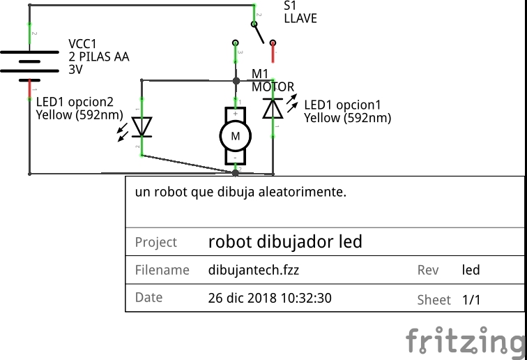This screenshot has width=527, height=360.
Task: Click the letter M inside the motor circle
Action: [x=236, y=136]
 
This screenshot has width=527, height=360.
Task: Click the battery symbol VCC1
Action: [x=29, y=66]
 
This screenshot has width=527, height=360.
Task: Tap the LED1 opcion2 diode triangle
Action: [x=142, y=126]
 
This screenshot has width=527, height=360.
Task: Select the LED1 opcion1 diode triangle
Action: [x=273, y=108]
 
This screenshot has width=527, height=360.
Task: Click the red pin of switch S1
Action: [x=273, y=53]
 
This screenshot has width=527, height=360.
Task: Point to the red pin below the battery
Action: [x=29, y=89]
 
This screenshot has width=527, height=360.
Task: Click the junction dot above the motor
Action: [x=236, y=81]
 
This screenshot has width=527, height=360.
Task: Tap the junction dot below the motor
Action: [x=236, y=173]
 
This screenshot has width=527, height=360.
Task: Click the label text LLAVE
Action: [x=300, y=19]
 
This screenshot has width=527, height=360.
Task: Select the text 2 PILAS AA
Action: [x=99, y=57]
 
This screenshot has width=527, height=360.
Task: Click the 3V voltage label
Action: [x=75, y=70]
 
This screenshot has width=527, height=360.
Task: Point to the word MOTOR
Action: [x=273, y=87]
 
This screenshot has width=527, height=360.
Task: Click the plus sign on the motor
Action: [x=236, y=114]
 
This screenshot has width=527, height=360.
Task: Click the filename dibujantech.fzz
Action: [x=254, y=270]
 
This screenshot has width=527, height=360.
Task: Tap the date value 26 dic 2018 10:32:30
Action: [x=270, y=298]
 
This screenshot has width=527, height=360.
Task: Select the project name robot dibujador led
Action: [x=285, y=241]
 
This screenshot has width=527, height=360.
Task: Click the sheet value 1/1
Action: [x=471, y=299]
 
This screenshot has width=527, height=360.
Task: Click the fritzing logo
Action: [x=466, y=340]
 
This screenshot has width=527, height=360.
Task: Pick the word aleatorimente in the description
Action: [x=302, y=192]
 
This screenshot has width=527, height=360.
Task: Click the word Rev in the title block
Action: [x=428, y=270]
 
